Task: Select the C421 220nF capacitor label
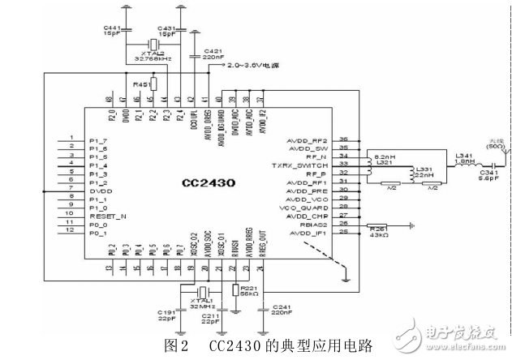[x=213, y=54]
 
